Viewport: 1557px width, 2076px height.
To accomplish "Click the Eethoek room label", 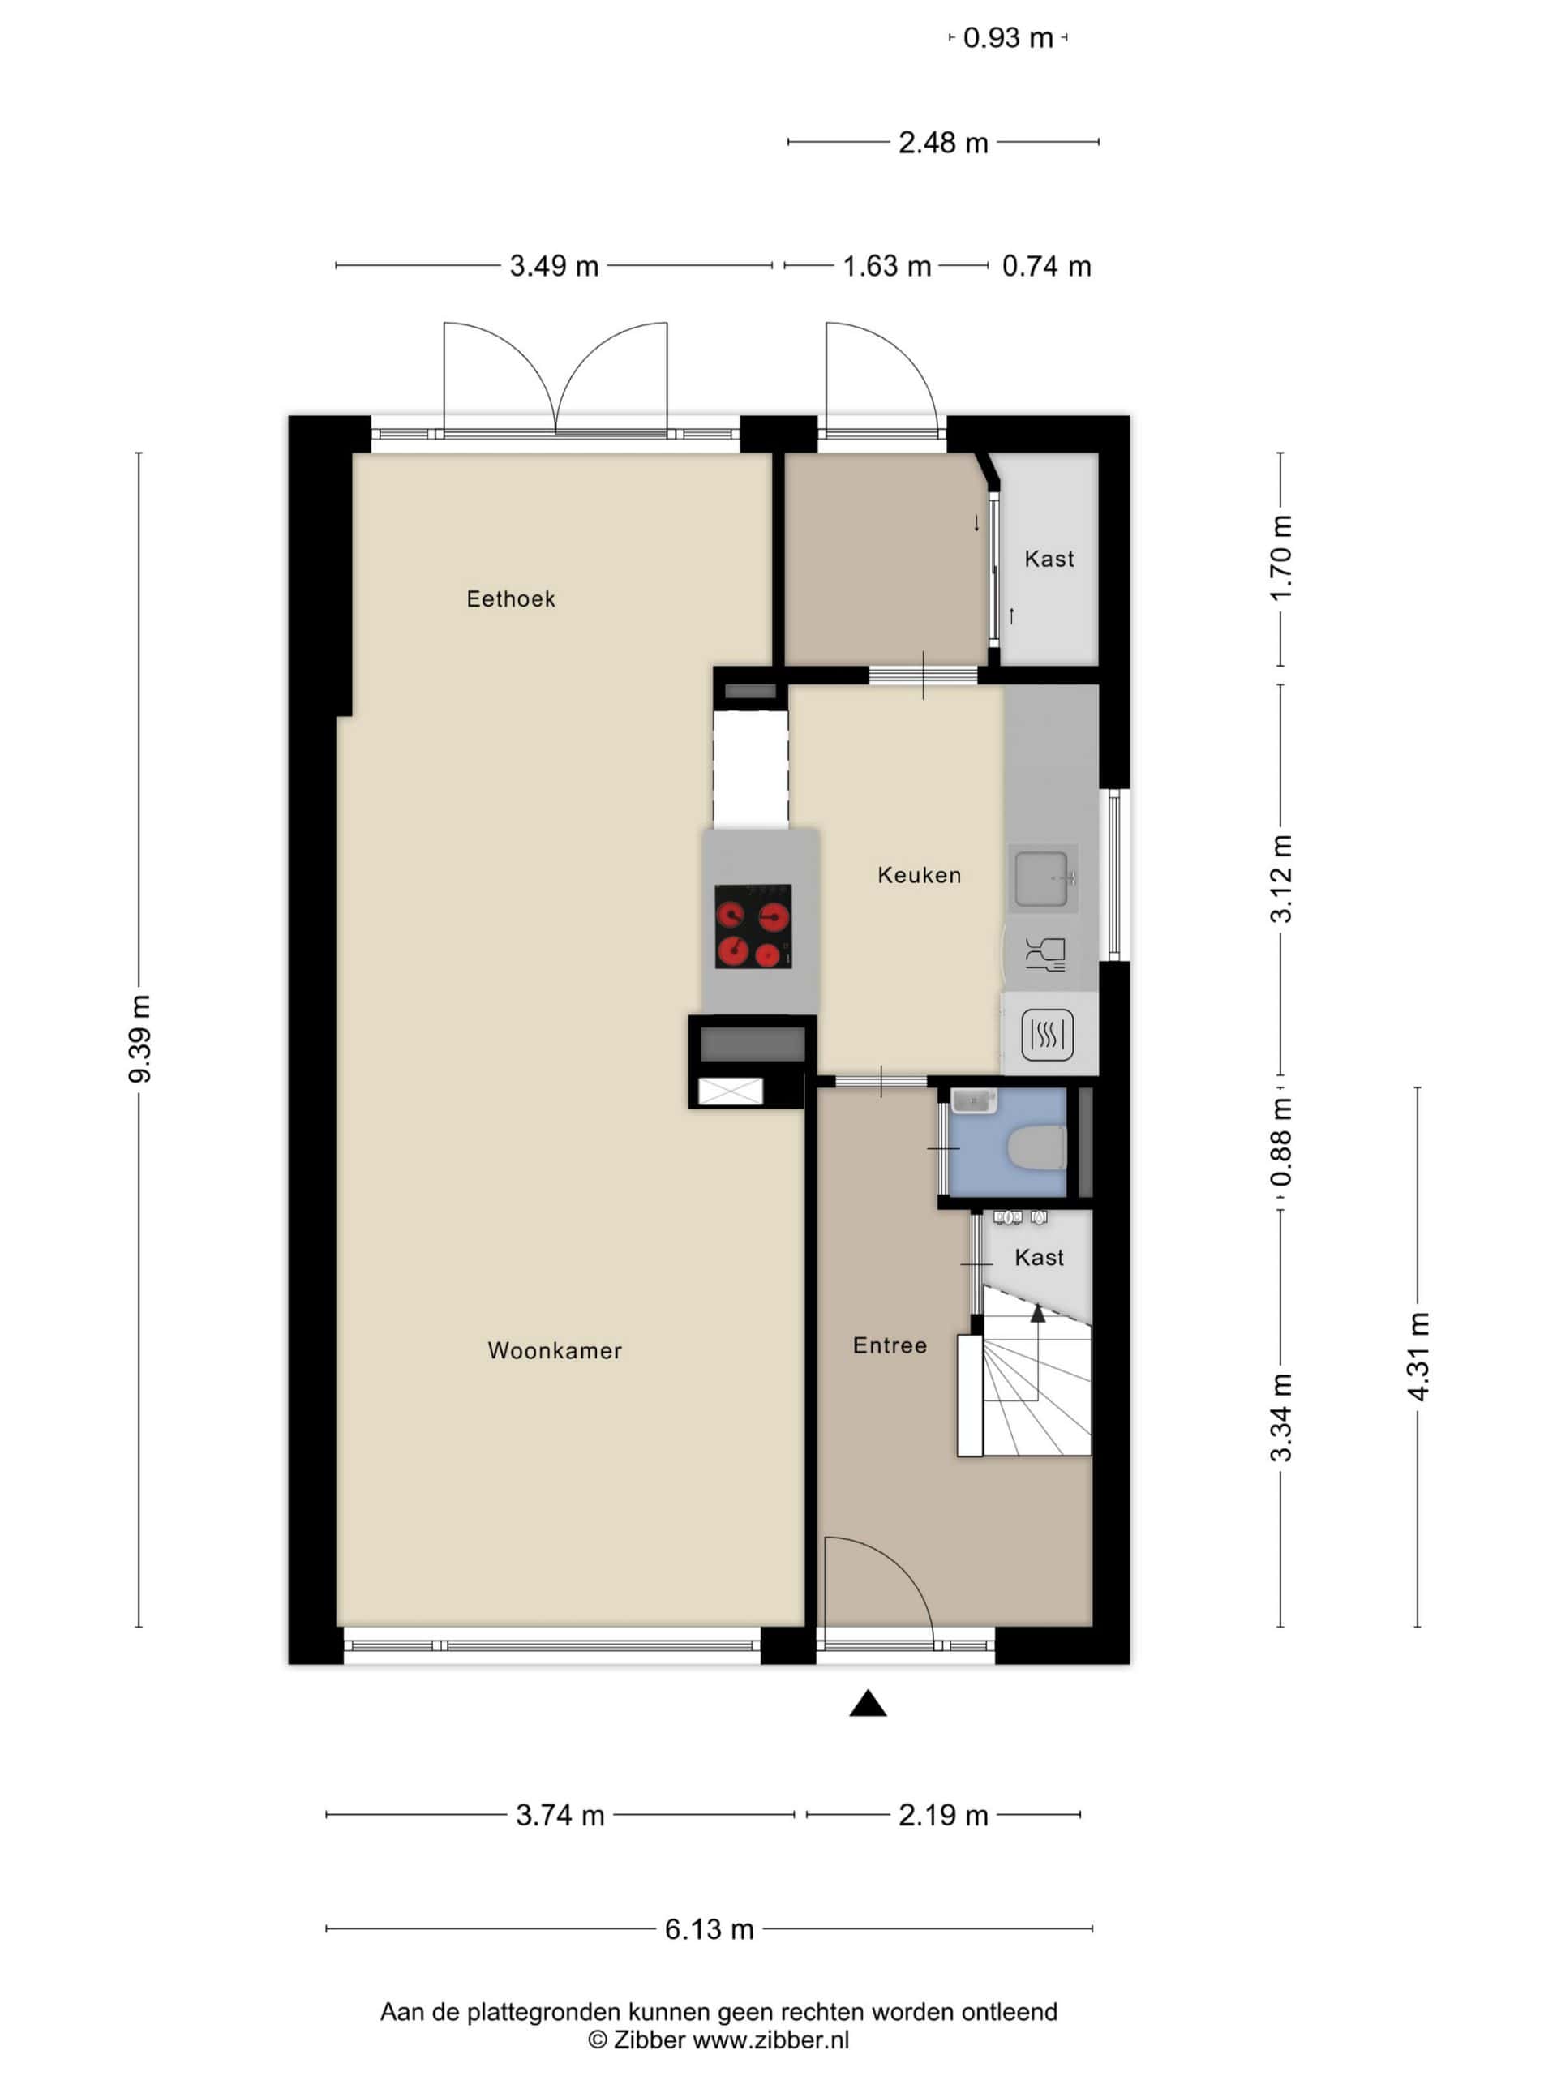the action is click(x=511, y=598).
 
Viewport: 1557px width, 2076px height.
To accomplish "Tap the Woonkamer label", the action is click(x=555, y=1350).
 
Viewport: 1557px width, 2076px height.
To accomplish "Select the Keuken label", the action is click(x=919, y=875).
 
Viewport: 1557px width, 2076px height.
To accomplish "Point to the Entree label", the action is click(x=890, y=1345).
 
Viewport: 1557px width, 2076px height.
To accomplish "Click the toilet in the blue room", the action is click(x=1036, y=1147).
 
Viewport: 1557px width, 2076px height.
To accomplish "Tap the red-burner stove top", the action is click(x=753, y=926).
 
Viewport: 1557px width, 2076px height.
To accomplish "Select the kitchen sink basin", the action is click(x=1042, y=878).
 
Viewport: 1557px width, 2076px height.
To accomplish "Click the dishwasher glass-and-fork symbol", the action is click(x=1045, y=953).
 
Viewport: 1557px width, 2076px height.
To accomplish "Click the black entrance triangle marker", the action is click(x=869, y=1704).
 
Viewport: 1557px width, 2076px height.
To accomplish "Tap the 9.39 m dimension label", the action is click(x=139, y=1038).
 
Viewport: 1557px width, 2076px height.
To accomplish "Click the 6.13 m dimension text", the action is click(x=710, y=1928).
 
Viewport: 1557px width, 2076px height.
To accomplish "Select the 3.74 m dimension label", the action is click(x=560, y=1815).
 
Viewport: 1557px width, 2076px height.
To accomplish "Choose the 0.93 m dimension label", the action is click(x=1008, y=37).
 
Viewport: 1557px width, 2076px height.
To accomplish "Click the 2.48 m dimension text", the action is click(x=943, y=143).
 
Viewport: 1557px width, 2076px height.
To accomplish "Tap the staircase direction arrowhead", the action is click(x=1038, y=1313).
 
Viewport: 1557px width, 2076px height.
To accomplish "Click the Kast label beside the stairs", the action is click(x=1039, y=1258).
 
